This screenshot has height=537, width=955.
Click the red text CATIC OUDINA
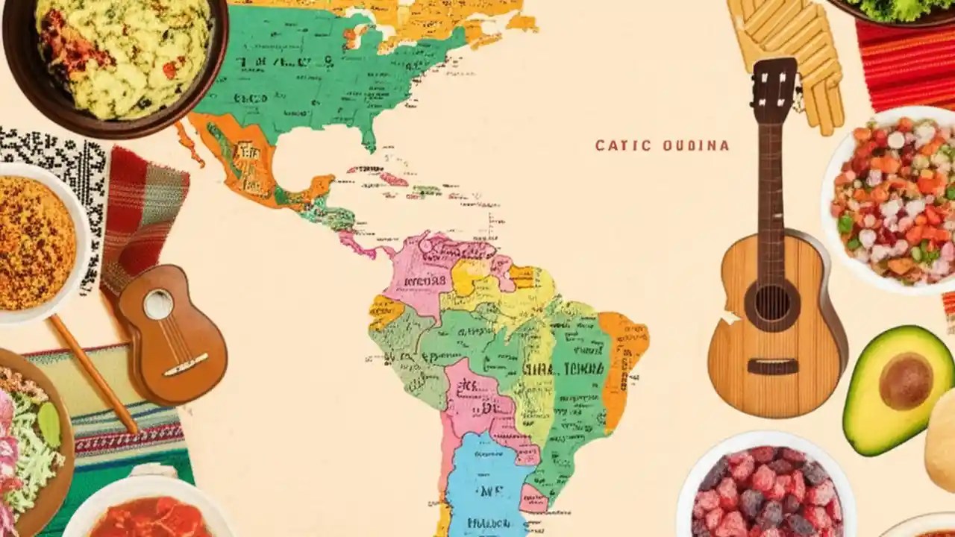pos(662,145)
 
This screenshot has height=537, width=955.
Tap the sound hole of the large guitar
pos(771,302)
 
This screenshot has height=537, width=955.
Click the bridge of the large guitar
pos(772,366)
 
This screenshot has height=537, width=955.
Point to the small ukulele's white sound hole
pos(159,304)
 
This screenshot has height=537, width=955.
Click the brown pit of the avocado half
pos(905,380)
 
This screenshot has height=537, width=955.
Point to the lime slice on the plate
pos(49,424)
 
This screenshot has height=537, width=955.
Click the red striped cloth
pos(907,63)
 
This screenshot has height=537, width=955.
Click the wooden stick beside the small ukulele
pos(93,373)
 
